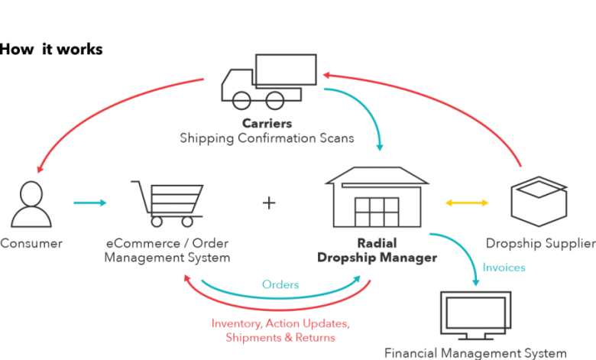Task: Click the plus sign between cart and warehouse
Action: [x=269, y=203]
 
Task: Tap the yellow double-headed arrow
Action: [x=468, y=203]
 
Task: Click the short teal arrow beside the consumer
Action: [x=90, y=203]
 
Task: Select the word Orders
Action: [x=280, y=284]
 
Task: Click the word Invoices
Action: [x=504, y=268]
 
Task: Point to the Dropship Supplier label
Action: [x=541, y=244]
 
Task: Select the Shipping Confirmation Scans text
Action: [x=267, y=138]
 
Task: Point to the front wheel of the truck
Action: [x=241, y=100]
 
